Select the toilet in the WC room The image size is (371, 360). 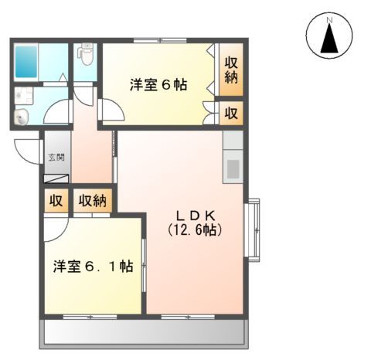[86, 56]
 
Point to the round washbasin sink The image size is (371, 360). [21, 117]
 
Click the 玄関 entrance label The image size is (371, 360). [56, 157]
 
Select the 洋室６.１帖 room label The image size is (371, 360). [93, 267]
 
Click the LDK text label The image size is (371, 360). [193, 213]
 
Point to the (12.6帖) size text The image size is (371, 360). [193, 230]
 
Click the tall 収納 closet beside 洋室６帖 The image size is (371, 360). [230, 70]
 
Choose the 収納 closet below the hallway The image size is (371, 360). [94, 201]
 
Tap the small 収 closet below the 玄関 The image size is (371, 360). [56, 201]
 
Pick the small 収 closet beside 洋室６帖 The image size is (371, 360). [230, 113]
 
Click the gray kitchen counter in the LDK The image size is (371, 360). [233, 157]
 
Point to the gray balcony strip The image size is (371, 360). [145, 332]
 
